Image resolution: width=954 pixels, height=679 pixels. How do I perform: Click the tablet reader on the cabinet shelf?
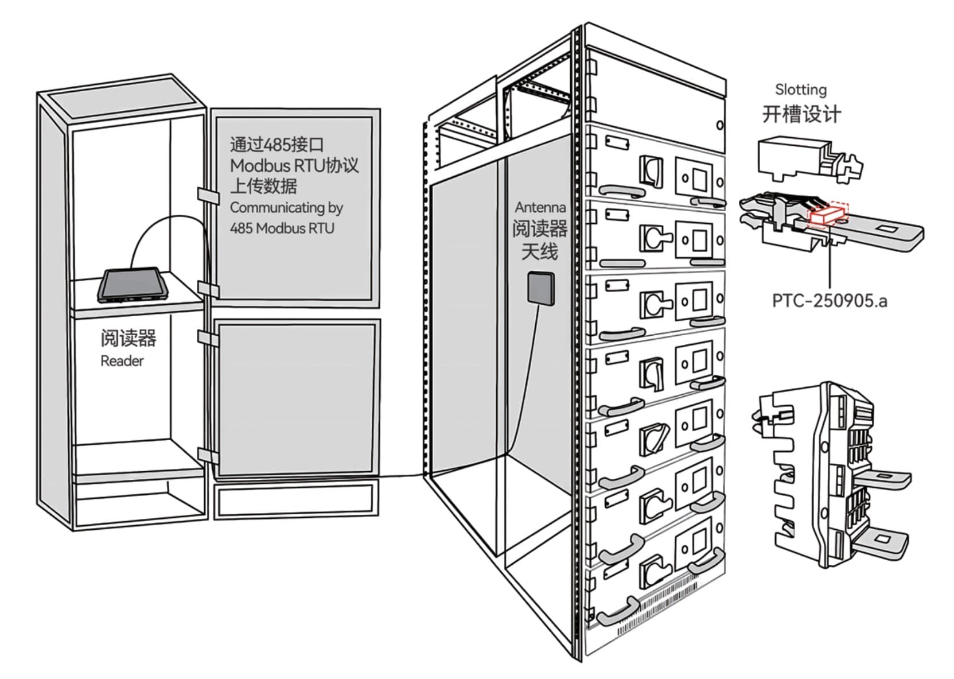[x=133, y=284]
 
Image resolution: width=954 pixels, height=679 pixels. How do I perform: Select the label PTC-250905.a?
[x=830, y=301]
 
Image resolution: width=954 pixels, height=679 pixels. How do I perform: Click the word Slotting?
[x=801, y=90]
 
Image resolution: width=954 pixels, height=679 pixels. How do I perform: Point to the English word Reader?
[x=122, y=361]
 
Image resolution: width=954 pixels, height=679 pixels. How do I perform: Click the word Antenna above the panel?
[x=540, y=208]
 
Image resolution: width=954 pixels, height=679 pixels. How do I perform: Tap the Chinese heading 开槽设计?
[x=801, y=114]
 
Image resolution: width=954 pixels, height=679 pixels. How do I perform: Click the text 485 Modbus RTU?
[x=282, y=228]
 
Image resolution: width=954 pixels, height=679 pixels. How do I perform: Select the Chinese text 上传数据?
[x=263, y=186]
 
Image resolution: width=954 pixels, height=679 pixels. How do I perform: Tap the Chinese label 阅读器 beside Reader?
[x=128, y=339]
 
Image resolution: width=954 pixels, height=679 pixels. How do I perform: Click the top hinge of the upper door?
[x=208, y=196]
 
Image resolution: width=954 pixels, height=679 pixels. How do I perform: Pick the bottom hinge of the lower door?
[x=208, y=456]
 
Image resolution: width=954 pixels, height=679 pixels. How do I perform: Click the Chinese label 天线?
[x=540, y=251]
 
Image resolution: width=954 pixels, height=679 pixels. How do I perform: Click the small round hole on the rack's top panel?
[x=720, y=125]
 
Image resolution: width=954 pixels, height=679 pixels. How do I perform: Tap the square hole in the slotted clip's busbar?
[x=889, y=230]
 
